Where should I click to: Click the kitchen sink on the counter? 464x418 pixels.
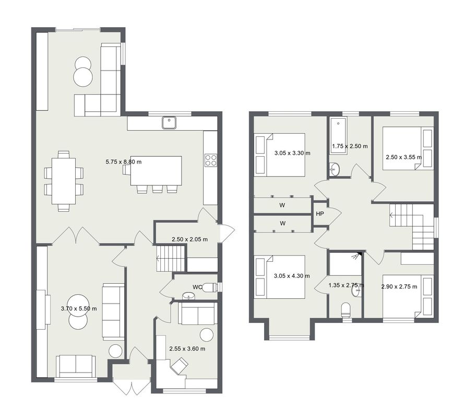169,123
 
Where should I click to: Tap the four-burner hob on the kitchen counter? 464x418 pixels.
210,160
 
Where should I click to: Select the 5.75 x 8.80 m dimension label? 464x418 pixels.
123,162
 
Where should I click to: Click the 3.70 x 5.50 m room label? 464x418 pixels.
79,309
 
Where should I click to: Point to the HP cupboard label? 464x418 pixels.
320,214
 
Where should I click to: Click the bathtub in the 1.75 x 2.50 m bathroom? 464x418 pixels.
338,136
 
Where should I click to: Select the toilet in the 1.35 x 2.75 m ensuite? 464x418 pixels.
346,310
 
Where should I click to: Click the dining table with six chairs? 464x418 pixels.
64,181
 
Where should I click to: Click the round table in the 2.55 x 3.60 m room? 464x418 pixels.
207,335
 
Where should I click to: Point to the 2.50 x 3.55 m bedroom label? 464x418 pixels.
403,157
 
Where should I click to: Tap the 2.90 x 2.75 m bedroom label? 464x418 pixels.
399,286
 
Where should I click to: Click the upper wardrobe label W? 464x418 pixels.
282,205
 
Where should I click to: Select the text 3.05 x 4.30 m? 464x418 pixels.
292,276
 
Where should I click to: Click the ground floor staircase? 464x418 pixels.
171,258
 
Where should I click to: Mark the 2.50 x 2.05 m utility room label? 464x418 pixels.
189,239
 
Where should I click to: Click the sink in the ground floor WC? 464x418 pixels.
188,296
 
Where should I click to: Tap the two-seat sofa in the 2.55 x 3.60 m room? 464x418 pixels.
196,313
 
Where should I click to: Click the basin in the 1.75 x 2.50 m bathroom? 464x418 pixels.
335,169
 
